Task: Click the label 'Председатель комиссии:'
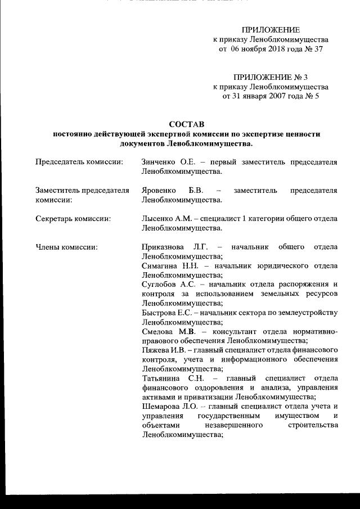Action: point(79,162)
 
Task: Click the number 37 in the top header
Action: point(318,49)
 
